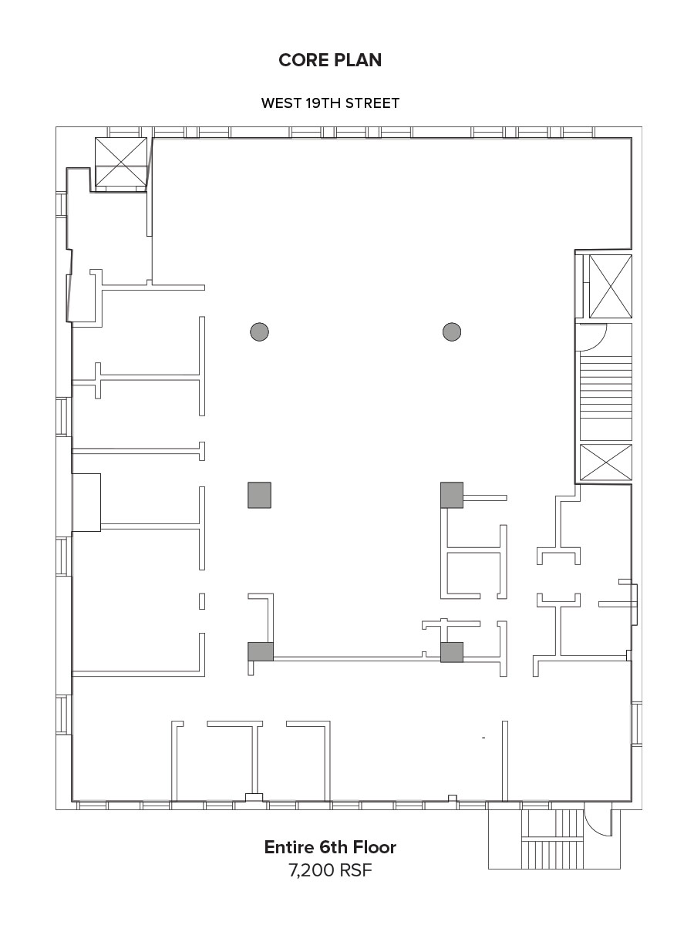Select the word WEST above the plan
(x=281, y=103)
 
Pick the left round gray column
(x=260, y=331)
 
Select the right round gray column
(x=452, y=331)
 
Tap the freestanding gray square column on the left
(x=259, y=495)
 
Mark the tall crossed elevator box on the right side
(x=611, y=286)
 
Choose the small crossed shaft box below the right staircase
(x=606, y=462)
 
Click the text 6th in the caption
(x=333, y=847)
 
